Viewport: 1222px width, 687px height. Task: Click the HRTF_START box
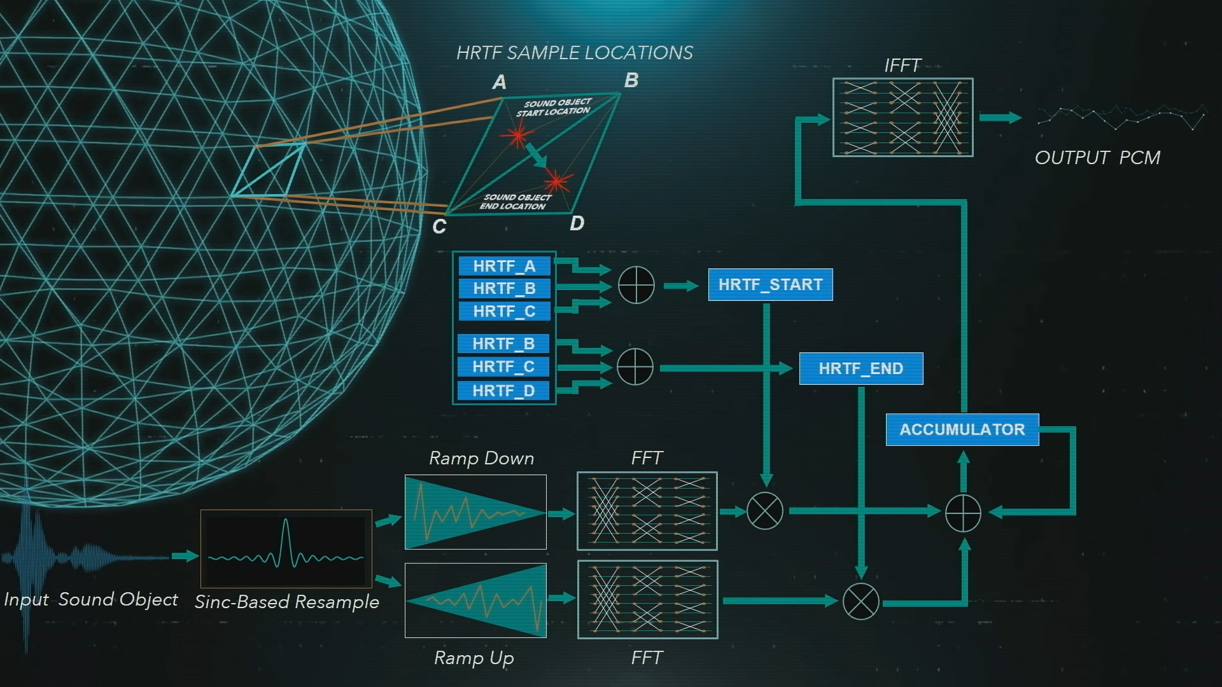tap(770, 284)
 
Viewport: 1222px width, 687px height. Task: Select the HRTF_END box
tap(860, 368)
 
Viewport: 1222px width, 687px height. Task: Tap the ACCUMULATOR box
tap(962, 429)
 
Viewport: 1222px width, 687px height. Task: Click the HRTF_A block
tap(504, 266)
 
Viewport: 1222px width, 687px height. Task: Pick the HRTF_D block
tap(503, 391)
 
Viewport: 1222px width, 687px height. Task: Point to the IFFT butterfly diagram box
tap(902, 117)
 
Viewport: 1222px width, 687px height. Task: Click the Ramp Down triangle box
tap(475, 511)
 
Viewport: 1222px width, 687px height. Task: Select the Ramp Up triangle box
tap(475, 600)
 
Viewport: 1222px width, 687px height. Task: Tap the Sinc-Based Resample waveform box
tap(286, 548)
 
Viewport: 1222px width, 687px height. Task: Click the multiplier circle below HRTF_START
tap(765, 511)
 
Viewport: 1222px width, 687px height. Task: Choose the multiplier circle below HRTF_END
tap(860, 601)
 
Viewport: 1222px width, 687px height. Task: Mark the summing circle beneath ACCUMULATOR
tap(963, 513)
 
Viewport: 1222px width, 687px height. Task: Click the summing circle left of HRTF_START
tap(636, 285)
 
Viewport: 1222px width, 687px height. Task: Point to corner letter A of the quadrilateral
tap(500, 82)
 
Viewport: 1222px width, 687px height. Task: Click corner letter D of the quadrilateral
tap(577, 223)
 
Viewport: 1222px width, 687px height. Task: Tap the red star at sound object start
tap(517, 135)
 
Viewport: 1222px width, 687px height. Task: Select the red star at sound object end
tap(558, 182)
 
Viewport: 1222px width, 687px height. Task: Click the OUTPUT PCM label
tap(1097, 158)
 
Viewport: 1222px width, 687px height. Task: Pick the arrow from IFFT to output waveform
tap(1000, 118)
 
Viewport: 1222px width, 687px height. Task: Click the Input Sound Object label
tap(91, 599)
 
